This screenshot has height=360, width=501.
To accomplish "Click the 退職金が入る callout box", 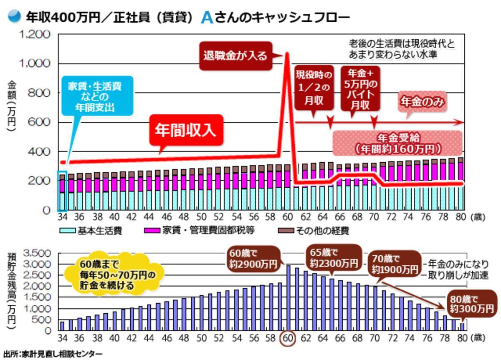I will [x=235, y=55].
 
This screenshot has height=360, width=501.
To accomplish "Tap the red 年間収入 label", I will [x=185, y=130].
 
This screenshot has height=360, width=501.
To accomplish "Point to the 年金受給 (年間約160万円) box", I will [x=397, y=143].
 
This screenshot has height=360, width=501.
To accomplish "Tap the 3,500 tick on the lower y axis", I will [x=38, y=253].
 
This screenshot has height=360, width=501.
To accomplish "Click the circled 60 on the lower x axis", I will [x=288, y=338].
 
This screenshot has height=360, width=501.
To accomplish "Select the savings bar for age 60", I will [x=288, y=298].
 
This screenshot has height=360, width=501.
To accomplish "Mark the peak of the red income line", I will [x=288, y=53].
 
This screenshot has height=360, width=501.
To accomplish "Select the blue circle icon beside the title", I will [x=14, y=17].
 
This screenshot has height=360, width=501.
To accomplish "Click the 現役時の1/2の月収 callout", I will [x=314, y=88].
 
